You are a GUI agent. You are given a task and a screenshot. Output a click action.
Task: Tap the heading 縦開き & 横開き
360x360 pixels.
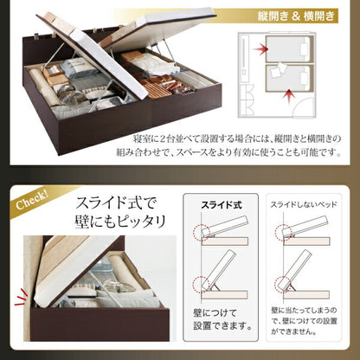tap(286, 16)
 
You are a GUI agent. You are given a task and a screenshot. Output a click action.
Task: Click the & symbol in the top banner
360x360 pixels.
tap(286, 16)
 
